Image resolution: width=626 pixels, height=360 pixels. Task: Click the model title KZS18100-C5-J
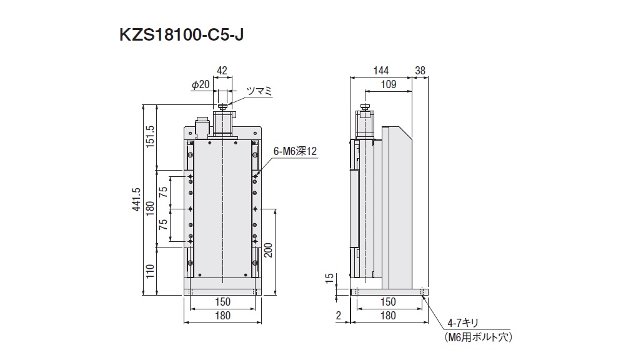(181, 35)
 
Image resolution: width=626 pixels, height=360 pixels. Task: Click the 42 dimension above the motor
(223, 71)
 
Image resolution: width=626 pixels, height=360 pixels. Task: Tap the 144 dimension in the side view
(380, 71)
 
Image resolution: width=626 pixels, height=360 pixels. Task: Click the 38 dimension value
(420, 71)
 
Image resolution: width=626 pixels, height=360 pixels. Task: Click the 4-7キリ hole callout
(463, 323)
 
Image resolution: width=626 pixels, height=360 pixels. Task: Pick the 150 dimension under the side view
(388, 302)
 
